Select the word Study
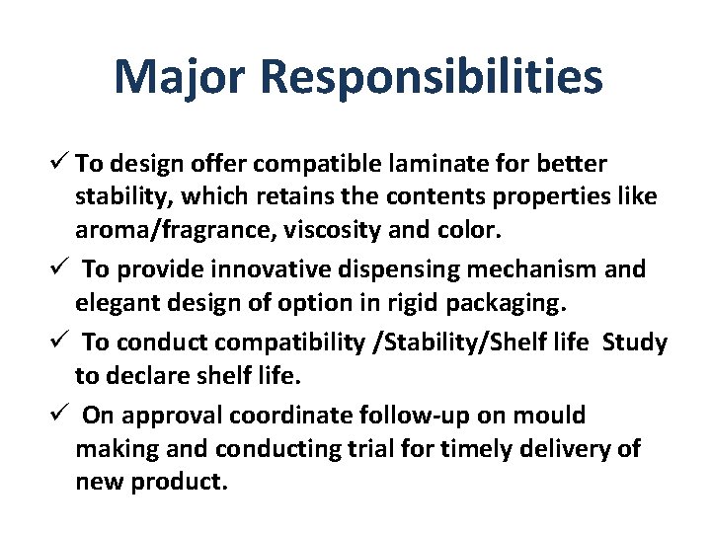[634, 343]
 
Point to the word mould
[548, 416]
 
